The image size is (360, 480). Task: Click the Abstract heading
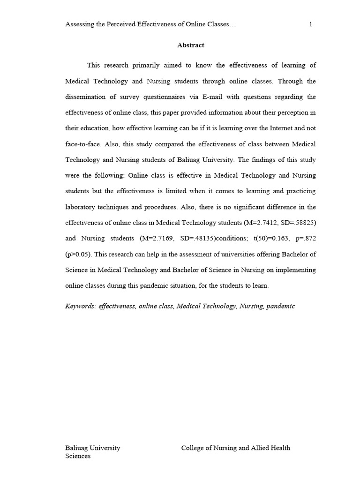coord(191,45)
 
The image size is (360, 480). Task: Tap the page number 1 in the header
coord(311,25)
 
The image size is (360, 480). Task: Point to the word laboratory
coord(81,207)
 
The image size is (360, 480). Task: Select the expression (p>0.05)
coord(78,255)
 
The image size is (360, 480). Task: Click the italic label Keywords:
coord(80,306)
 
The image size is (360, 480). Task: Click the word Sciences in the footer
coord(78,456)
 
